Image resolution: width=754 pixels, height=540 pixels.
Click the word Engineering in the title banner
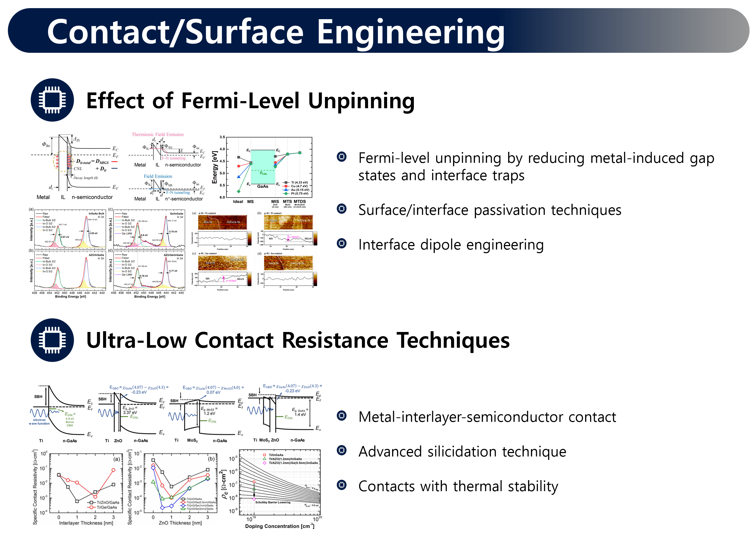pos(411,32)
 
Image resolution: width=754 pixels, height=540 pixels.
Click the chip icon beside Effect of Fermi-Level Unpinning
pos(52,100)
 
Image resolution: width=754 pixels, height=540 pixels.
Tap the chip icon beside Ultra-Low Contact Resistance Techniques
pos(52,340)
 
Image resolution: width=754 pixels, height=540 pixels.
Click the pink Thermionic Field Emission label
pos(157,134)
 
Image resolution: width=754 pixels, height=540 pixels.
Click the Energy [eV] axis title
pos(215,167)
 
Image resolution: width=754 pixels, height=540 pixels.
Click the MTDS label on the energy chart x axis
pos(300,201)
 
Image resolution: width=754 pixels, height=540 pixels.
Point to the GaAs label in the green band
pos(262,186)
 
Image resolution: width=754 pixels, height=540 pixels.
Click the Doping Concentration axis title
pos(280,526)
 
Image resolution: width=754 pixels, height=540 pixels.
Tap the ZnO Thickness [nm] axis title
pos(180,523)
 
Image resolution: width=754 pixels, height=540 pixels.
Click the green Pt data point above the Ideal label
pos(238,191)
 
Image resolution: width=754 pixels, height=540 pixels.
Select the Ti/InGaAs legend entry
pos(276,455)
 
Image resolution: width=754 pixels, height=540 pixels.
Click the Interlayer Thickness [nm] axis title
pos(86,523)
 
